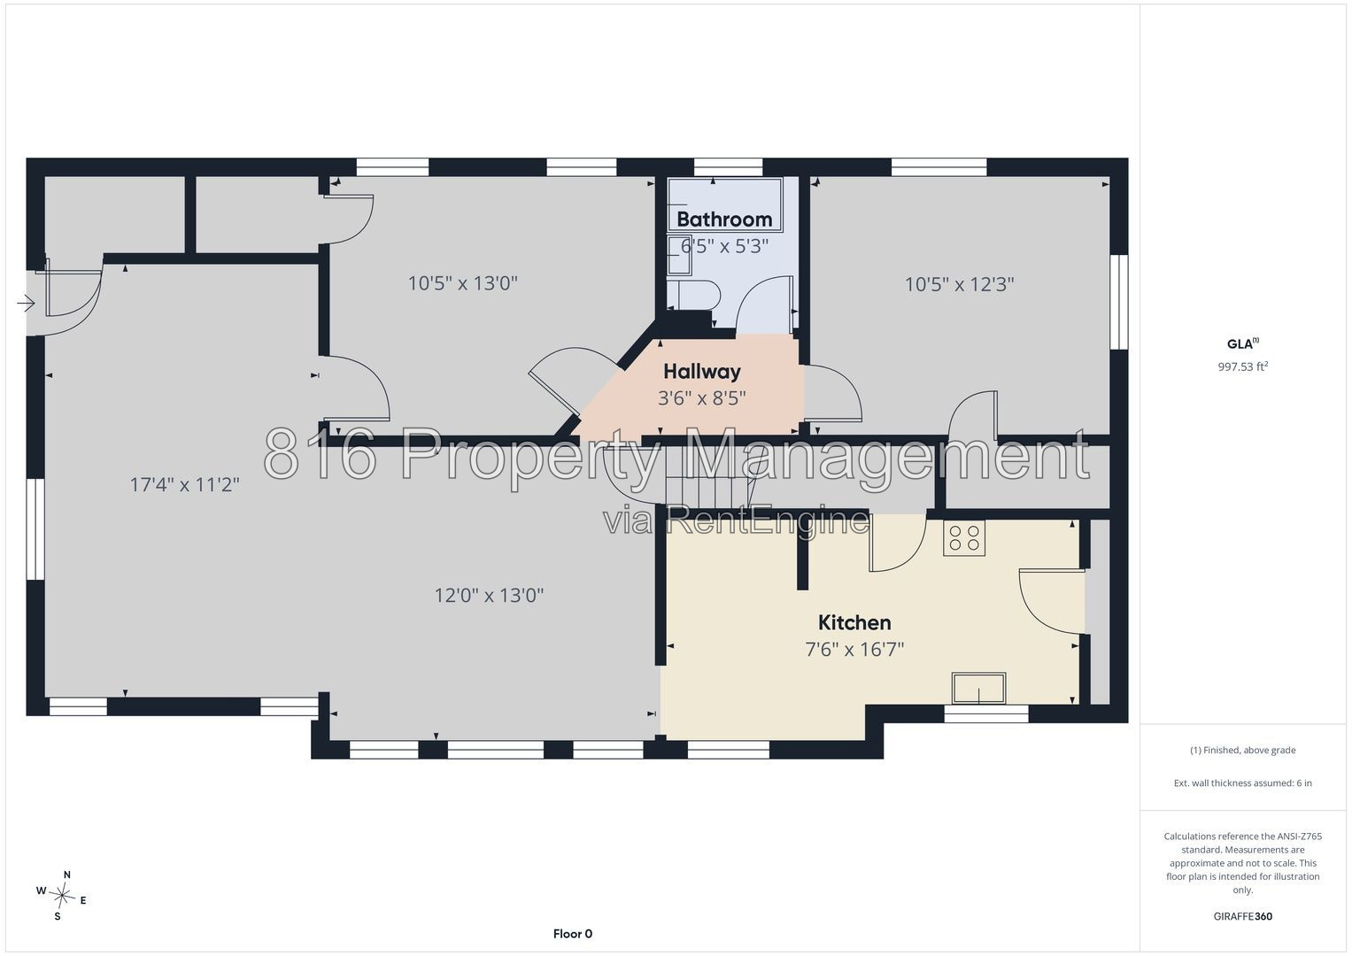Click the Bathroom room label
click(x=724, y=220)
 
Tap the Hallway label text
click(x=702, y=371)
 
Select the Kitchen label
click(x=854, y=622)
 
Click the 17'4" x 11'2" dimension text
click(x=185, y=485)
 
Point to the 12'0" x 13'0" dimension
click(x=489, y=596)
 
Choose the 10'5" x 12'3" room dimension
click(x=959, y=284)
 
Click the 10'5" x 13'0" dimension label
click(x=463, y=283)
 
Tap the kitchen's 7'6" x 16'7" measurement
click(x=854, y=650)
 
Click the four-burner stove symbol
click(x=964, y=538)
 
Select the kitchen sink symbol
click(x=978, y=689)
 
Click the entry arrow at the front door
click(x=26, y=303)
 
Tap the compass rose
click(x=62, y=895)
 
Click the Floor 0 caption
click(x=573, y=934)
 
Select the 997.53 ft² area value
click(x=1243, y=366)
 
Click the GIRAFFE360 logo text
click(x=1243, y=916)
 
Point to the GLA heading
click(x=1242, y=343)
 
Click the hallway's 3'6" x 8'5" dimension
click(x=702, y=398)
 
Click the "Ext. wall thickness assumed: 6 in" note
click(x=1243, y=783)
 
